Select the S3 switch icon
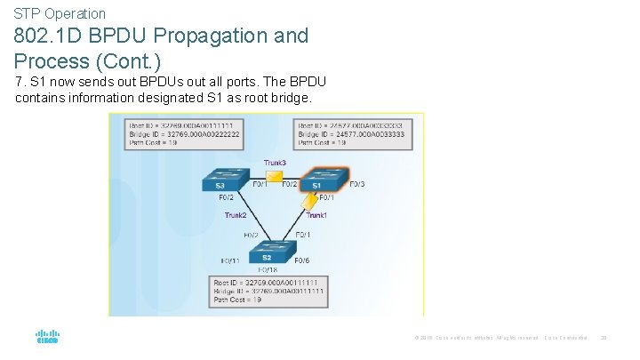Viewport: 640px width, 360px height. click(x=220, y=181)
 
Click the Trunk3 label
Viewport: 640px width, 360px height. click(x=276, y=163)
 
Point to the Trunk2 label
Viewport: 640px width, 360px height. click(x=236, y=215)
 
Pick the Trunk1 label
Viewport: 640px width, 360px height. click(x=317, y=215)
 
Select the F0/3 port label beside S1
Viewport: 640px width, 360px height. click(x=356, y=184)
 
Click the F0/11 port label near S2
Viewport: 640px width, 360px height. click(x=229, y=261)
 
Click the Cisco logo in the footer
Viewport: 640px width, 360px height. click(x=47, y=338)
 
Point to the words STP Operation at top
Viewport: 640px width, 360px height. click(x=60, y=13)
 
